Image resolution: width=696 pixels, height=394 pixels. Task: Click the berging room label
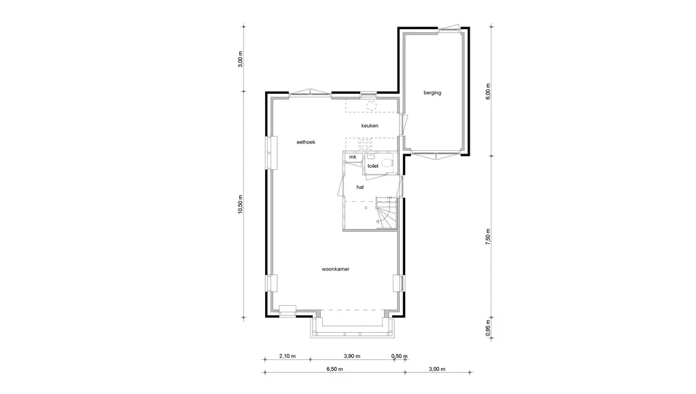tap(432, 93)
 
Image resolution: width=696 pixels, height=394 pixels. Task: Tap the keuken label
tap(369, 126)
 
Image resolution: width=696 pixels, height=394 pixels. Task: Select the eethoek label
tap(306, 142)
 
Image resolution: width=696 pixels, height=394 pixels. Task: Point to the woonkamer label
tap(335, 269)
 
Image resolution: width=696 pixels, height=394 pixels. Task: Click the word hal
tap(360, 187)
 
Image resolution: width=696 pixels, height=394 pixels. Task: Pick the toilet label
tap(373, 166)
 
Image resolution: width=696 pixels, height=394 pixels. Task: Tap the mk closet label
tap(353, 157)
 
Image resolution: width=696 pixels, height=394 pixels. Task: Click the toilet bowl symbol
tap(387, 163)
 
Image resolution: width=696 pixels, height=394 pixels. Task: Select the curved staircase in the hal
tap(386, 213)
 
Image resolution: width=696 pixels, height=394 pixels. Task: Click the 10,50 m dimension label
tap(241, 204)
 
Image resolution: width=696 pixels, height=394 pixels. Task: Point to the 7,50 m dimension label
tap(488, 237)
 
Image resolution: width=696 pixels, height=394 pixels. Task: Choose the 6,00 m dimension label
tap(488, 92)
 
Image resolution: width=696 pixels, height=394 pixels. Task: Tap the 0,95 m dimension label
tap(488, 328)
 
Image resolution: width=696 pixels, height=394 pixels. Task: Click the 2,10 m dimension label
tap(288, 356)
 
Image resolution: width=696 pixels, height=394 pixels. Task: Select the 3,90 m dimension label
tap(352, 356)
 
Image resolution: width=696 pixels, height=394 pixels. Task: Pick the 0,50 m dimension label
tap(399, 356)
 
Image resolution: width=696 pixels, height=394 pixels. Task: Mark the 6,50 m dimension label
tap(334, 369)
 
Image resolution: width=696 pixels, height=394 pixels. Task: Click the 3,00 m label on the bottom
tap(437, 369)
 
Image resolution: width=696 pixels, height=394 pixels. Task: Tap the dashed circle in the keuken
tap(372, 105)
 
